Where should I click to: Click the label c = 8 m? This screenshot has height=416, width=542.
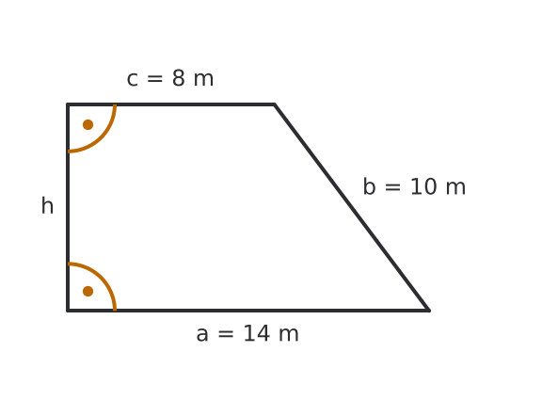[170, 78]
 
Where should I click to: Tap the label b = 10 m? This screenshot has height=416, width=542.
[414, 186]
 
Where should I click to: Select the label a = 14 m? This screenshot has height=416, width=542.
[247, 334]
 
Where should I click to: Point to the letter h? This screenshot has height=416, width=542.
[47, 205]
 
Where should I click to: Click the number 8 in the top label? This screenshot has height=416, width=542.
[179, 78]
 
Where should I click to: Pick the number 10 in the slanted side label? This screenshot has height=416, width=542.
[423, 186]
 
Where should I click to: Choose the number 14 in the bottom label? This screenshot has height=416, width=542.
[257, 333]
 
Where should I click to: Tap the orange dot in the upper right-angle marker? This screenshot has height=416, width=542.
[88, 124]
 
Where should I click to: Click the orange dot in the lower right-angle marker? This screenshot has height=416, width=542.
[88, 291]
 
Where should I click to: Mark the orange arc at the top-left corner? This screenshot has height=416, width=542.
[102, 138]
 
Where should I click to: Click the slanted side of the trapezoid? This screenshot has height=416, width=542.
[352, 207]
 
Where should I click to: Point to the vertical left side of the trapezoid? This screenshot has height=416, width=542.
[68, 207]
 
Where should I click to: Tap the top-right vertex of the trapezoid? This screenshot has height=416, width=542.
[275, 104]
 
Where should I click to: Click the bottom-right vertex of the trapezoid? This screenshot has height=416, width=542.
[429, 311]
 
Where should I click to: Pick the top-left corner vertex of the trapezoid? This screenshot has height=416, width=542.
[68, 104]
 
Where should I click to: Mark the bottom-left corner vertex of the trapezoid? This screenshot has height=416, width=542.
[68, 311]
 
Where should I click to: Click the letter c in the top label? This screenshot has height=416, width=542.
[133, 80]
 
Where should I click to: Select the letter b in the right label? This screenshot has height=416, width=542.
[369, 186]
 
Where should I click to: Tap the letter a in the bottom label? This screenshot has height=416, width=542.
[202, 335]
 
